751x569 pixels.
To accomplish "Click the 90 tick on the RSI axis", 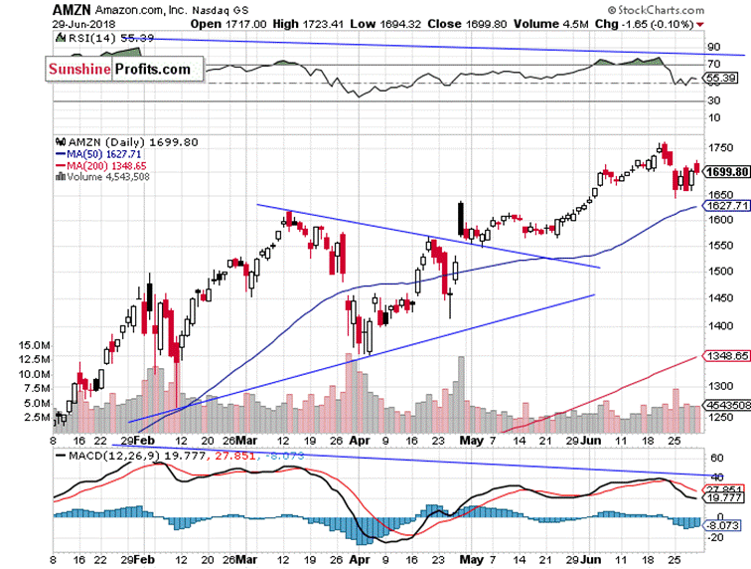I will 712,47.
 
